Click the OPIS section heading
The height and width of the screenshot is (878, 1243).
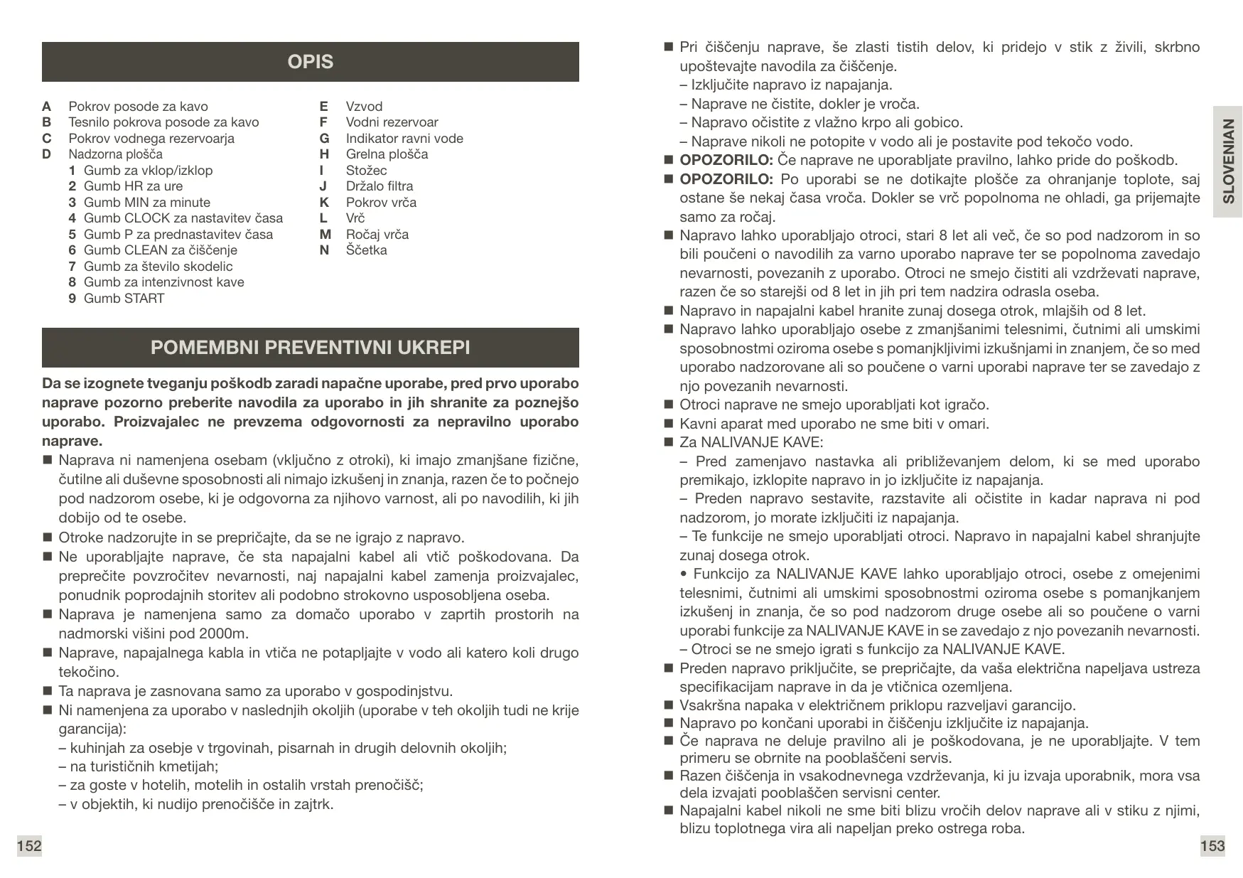coord(310,62)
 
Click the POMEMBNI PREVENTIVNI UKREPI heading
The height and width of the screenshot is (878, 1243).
coord(310,348)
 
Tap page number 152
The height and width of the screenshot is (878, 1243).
coord(29,846)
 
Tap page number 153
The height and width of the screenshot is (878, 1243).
coord(1212,846)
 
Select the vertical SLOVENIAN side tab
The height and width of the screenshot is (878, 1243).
coord(1227,161)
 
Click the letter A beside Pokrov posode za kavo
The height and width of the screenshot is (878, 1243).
coord(47,107)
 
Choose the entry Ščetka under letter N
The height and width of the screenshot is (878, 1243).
coord(366,250)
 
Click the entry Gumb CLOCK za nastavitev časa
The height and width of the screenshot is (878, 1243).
coord(183,218)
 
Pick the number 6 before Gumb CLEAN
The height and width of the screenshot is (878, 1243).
coord(72,250)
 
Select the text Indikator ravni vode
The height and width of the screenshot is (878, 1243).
coord(404,139)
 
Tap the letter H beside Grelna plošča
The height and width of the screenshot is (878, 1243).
coord(324,154)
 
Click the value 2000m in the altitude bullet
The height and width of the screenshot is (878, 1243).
coord(224,634)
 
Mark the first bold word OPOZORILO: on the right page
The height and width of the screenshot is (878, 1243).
coord(726,160)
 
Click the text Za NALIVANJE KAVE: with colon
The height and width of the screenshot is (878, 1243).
coord(750,442)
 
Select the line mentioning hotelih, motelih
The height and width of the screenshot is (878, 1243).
coord(241,786)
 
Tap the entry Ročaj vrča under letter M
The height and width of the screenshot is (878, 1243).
coord(377,235)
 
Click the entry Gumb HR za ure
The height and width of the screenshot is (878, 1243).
coord(133,186)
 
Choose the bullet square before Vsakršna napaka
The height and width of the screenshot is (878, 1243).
coord(668,705)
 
